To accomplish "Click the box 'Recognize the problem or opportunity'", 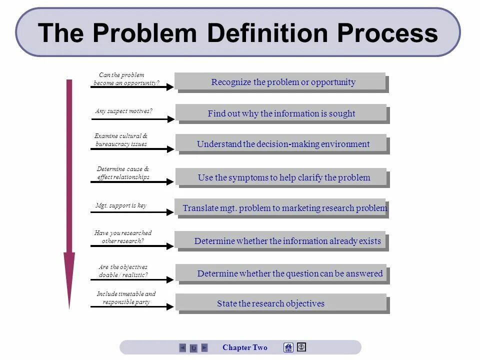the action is click(x=282, y=82).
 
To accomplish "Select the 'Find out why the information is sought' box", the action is click(x=281, y=114).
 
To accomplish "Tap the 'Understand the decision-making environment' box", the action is click(x=282, y=144).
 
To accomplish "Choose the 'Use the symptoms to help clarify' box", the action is click(x=283, y=177).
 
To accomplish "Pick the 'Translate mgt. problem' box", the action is click(x=284, y=208).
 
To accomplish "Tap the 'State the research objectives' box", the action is click(x=271, y=303).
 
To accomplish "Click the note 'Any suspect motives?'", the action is click(x=123, y=111).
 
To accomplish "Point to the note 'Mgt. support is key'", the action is click(x=121, y=205).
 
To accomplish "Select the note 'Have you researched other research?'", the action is click(x=123, y=236).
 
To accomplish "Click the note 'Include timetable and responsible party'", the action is click(x=126, y=298).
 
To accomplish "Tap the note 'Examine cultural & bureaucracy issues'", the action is click(x=121, y=140).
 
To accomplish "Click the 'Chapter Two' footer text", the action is click(x=245, y=347).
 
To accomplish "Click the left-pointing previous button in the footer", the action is click(x=182, y=347).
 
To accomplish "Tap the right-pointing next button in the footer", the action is click(x=204, y=347).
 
